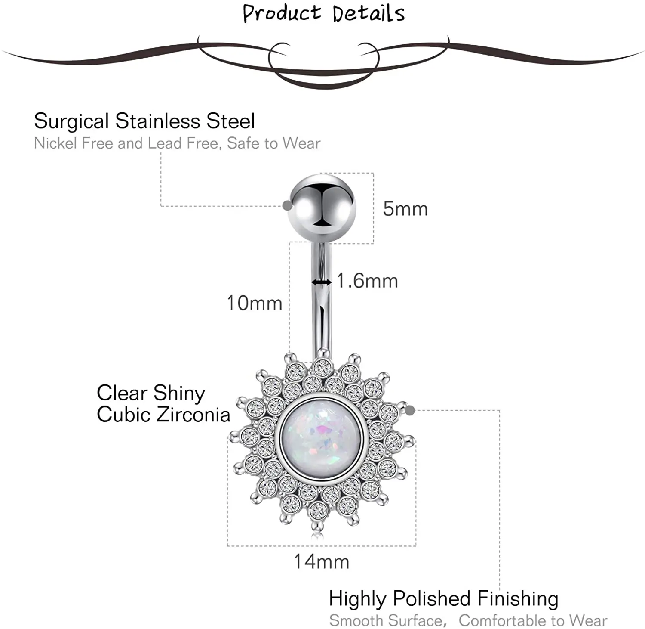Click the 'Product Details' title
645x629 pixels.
(x=323, y=13)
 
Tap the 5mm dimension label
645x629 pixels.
(x=405, y=209)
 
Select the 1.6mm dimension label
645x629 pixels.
(x=367, y=281)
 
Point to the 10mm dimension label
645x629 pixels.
(x=255, y=304)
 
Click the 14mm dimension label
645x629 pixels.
(x=321, y=562)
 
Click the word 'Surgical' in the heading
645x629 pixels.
(x=71, y=121)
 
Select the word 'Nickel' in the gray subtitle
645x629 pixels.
(x=56, y=143)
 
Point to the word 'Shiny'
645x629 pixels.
(x=179, y=393)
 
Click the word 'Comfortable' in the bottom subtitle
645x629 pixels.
(x=503, y=621)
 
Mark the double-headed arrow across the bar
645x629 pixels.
(x=322, y=282)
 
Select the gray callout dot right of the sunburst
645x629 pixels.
(x=410, y=410)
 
